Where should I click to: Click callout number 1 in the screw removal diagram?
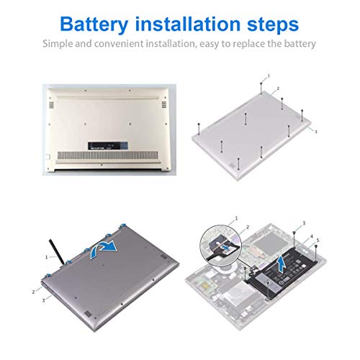(x=268, y=75)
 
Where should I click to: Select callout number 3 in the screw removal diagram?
(x=315, y=132)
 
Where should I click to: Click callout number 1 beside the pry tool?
(x=46, y=256)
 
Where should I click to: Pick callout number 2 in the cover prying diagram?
(x=33, y=292)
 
